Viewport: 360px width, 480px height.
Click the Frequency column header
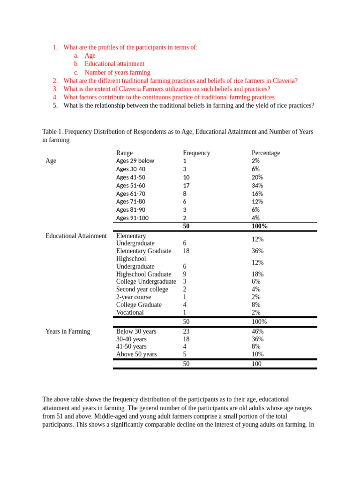196,153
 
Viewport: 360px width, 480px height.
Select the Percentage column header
265,153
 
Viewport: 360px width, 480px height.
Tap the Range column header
124,153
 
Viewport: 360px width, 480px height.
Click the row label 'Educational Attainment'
76,236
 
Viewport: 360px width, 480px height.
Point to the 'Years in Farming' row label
67,331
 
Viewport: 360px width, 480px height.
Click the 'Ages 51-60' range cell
131,186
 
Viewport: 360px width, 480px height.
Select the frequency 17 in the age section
186,186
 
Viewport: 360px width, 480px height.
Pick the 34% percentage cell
257,186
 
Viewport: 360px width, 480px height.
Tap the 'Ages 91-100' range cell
132,218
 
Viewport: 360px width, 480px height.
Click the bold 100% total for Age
260,226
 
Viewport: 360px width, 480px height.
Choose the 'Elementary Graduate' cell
143,251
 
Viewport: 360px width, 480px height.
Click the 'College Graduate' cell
139,305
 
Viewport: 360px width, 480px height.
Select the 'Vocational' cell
130,313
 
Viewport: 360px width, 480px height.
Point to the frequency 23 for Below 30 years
186,331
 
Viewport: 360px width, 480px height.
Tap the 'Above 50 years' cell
136,354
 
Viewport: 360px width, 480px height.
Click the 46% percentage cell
257,331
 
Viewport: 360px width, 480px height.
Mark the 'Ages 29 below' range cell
135,161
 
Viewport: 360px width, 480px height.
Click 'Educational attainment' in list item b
114,64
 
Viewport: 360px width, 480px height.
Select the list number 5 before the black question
55,105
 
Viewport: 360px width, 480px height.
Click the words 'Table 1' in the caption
52,132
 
